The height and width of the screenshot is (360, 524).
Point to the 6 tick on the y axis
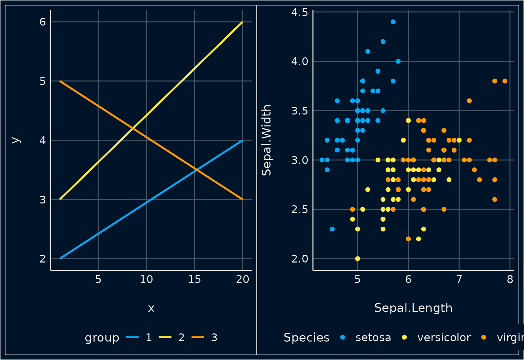[43, 22]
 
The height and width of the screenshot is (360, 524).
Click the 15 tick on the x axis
[194, 280]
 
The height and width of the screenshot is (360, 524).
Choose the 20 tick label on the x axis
[243, 280]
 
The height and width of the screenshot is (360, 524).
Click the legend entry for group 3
[214, 337]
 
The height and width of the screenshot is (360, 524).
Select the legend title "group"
[102, 337]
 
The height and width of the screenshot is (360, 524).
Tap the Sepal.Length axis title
[413, 308]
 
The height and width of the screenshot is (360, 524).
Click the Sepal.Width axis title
[266, 140]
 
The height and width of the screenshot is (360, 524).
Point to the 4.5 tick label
[300, 12]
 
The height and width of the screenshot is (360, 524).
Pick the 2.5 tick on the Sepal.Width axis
[300, 209]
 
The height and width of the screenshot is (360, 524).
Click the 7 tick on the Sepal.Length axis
[459, 280]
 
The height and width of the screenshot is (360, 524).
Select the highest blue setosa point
[393, 22]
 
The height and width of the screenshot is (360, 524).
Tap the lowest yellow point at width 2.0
[358, 258]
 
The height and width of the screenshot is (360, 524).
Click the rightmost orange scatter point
[505, 81]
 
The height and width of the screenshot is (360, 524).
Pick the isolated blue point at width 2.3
[332, 229]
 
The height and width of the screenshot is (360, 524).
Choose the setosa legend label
[373, 337]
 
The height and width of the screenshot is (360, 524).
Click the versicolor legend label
[444, 337]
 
